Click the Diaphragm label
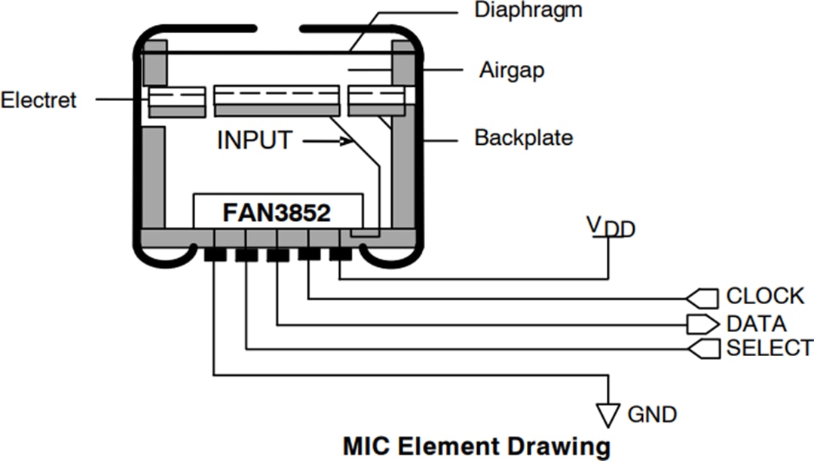528,11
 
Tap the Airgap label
512,71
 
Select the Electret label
38,100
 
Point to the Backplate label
523,138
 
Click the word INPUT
254,140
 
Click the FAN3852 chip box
277,213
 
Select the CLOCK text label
765,296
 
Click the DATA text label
756,324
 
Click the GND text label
652,414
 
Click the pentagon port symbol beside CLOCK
702,297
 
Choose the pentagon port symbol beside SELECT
702,348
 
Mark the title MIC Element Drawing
476,445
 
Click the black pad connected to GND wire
215,256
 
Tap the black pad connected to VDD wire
340,254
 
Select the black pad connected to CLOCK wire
309,254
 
